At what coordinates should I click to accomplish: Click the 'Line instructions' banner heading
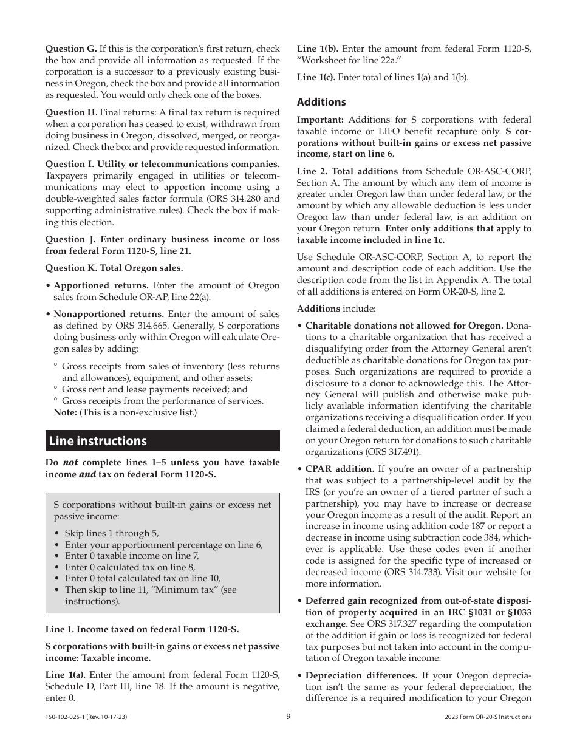point(98,441)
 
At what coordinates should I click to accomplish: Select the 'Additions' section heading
point(321,102)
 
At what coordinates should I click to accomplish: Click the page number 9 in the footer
point(288,717)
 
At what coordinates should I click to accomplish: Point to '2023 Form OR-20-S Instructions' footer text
point(488,717)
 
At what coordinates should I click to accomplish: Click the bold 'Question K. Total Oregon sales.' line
point(114,268)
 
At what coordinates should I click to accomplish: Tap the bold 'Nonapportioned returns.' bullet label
point(109,314)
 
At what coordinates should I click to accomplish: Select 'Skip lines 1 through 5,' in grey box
point(112,533)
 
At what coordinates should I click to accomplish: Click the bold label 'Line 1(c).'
point(316,77)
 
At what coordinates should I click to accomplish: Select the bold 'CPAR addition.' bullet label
point(340,469)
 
